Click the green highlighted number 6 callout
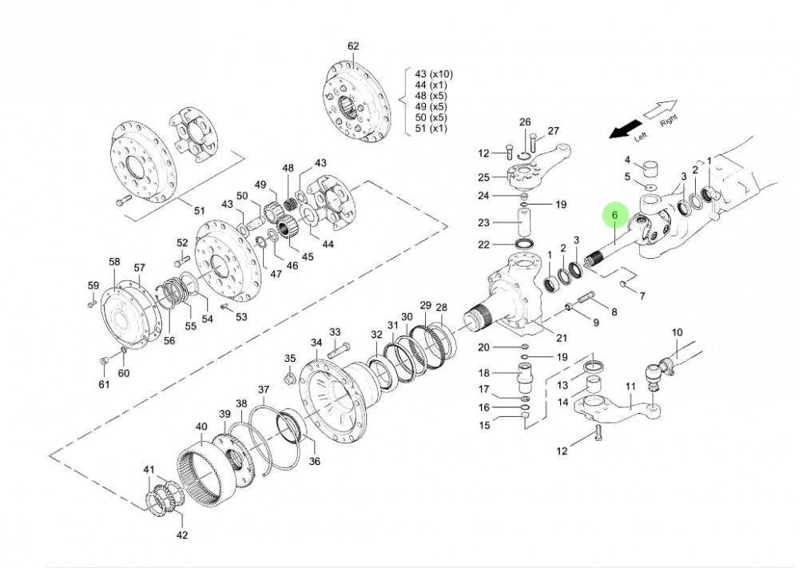click(614, 216)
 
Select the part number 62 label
click(353, 46)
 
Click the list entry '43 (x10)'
click(432, 73)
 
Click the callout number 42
click(182, 534)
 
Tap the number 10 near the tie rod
click(677, 332)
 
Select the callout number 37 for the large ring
click(264, 389)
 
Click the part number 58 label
click(114, 262)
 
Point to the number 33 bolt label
click(335, 332)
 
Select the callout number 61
click(104, 386)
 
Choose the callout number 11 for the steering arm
click(630, 387)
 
